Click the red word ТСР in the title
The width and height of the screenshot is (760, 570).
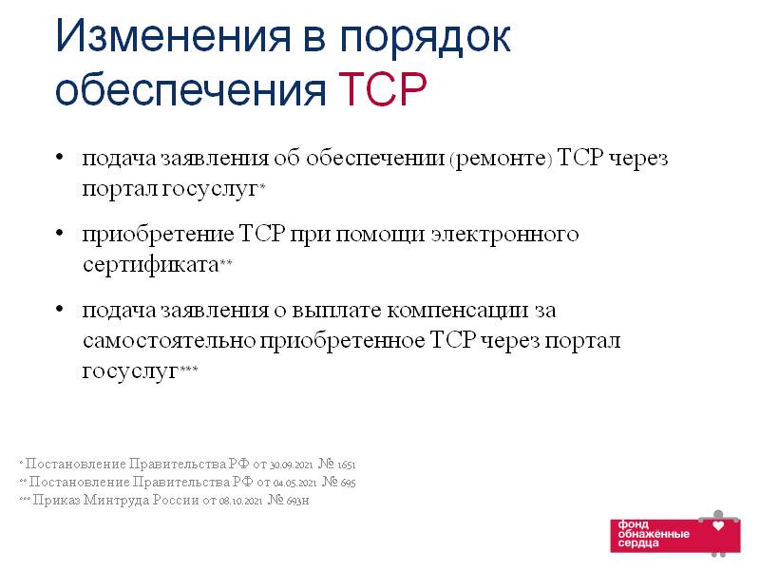click(383, 88)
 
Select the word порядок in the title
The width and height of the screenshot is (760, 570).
click(425, 40)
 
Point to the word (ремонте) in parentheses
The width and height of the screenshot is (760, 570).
click(501, 159)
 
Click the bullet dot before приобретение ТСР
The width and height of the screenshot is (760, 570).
click(60, 233)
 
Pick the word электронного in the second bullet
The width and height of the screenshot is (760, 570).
click(504, 235)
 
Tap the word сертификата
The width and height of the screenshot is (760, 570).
click(151, 265)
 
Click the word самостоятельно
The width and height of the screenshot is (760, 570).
click(169, 341)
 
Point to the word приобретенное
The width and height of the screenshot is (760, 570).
click(342, 342)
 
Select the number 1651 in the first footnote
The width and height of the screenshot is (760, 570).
click(346, 465)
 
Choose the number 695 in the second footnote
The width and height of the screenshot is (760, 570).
click(348, 484)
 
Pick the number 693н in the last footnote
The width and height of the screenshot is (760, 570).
click(297, 501)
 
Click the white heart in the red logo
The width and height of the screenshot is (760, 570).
click(718, 525)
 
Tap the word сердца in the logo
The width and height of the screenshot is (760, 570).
click(638, 543)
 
